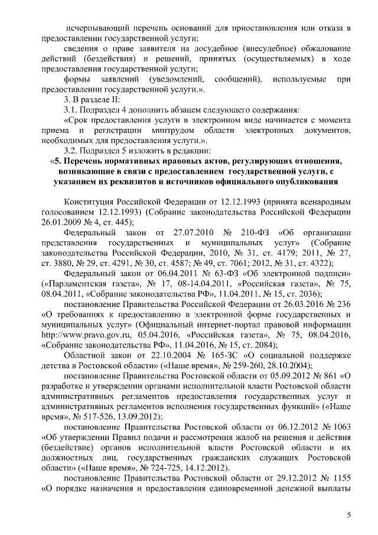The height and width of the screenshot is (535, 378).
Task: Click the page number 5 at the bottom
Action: pos(348,515)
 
